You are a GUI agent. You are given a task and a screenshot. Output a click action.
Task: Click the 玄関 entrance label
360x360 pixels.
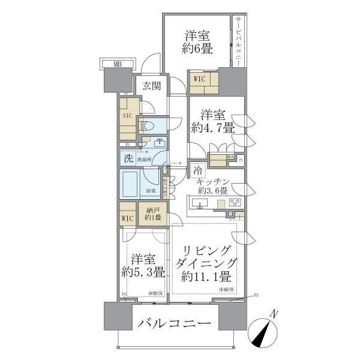[x=151, y=86]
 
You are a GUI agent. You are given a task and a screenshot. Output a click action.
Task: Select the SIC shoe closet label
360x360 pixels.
[x=127, y=116]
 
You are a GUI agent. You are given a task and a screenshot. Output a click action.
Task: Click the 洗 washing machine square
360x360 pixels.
[x=127, y=159]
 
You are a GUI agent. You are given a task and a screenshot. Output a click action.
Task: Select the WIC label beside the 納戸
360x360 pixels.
[x=128, y=219]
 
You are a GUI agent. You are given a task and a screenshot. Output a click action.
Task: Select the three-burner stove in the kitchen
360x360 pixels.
[x=234, y=202]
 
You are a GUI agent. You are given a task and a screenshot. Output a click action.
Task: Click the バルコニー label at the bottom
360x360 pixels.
[x=175, y=324]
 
